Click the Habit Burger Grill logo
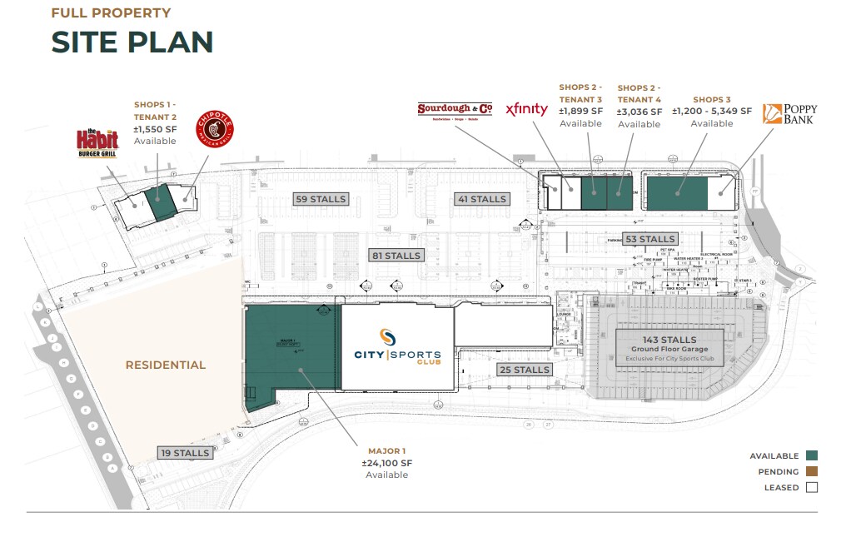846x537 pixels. coord(97,143)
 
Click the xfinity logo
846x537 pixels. coord(527,109)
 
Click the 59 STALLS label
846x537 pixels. coord(321,199)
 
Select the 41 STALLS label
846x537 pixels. coord(481,199)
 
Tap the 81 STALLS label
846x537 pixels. coord(398,255)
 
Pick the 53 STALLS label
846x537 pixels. coord(650,239)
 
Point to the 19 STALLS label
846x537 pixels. coord(186,453)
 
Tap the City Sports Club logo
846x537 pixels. coord(399,347)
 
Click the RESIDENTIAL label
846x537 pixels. coord(166,365)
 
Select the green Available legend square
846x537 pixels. coord(812,455)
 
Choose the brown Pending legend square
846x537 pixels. coord(812,471)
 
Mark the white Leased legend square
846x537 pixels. coord(812,488)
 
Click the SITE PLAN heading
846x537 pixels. coord(132,42)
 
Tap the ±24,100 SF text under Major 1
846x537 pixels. coord(387,463)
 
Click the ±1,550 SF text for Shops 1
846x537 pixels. coord(156,129)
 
